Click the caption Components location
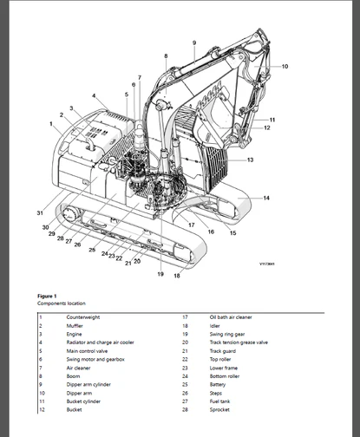[61, 304]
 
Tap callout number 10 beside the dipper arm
[285, 66]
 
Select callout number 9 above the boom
[193, 42]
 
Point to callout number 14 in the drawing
[266, 199]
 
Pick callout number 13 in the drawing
[250, 160]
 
